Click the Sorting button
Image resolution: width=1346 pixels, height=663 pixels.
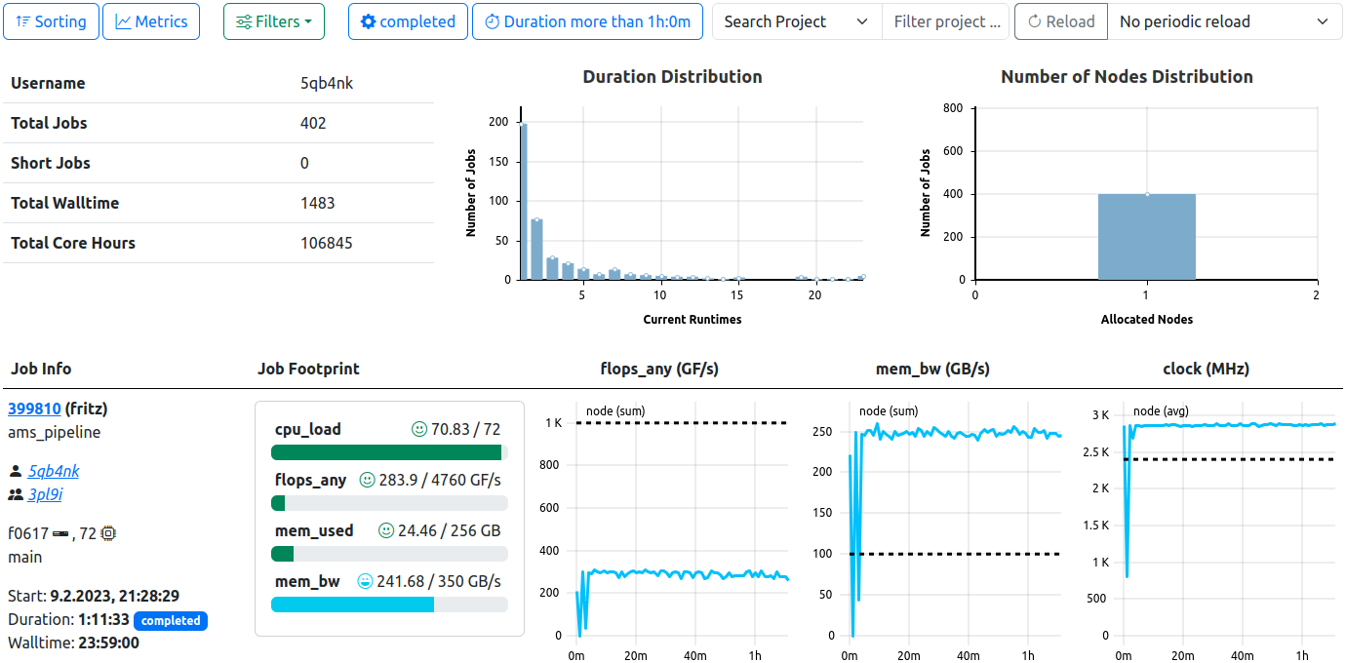pyautogui.click(x=51, y=21)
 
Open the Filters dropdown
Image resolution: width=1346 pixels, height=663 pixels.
pyautogui.click(x=274, y=21)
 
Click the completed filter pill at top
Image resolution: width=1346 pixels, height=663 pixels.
pyautogui.click(x=407, y=21)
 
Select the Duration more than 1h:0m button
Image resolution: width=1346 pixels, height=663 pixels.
pyautogui.click(x=587, y=21)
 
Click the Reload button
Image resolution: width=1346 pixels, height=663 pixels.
pyautogui.click(x=1060, y=21)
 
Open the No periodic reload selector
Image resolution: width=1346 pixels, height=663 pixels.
pyautogui.click(x=1224, y=21)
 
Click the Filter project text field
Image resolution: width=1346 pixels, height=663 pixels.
pyautogui.click(x=945, y=21)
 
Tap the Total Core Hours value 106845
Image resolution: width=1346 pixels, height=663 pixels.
pyautogui.click(x=327, y=243)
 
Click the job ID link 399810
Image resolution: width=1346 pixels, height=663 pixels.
pyautogui.click(x=34, y=409)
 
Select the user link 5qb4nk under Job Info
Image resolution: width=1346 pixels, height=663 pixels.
pyautogui.click(x=54, y=471)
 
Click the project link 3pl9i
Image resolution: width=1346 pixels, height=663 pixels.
pyautogui.click(x=45, y=494)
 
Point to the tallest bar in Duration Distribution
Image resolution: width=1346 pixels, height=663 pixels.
pyautogui.click(x=524, y=201)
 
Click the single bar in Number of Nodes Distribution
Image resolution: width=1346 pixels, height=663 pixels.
pyautogui.click(x=1146, y=237)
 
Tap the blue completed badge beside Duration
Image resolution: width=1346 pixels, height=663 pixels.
pyautogui.click(x=171, y=620)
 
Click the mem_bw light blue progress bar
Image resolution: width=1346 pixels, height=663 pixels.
pyautogui.click(x=352, y=604)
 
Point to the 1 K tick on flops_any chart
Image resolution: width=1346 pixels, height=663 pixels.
pyautogui.click(x=553, y=423)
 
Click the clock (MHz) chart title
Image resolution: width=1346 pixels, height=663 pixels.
pyautogui.click(x=1206, y=369)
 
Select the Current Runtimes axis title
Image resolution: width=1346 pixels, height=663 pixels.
pyautogui.click(x=692, y=319)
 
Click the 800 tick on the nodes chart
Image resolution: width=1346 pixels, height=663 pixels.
pyautogui.click(x=954, y=108)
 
